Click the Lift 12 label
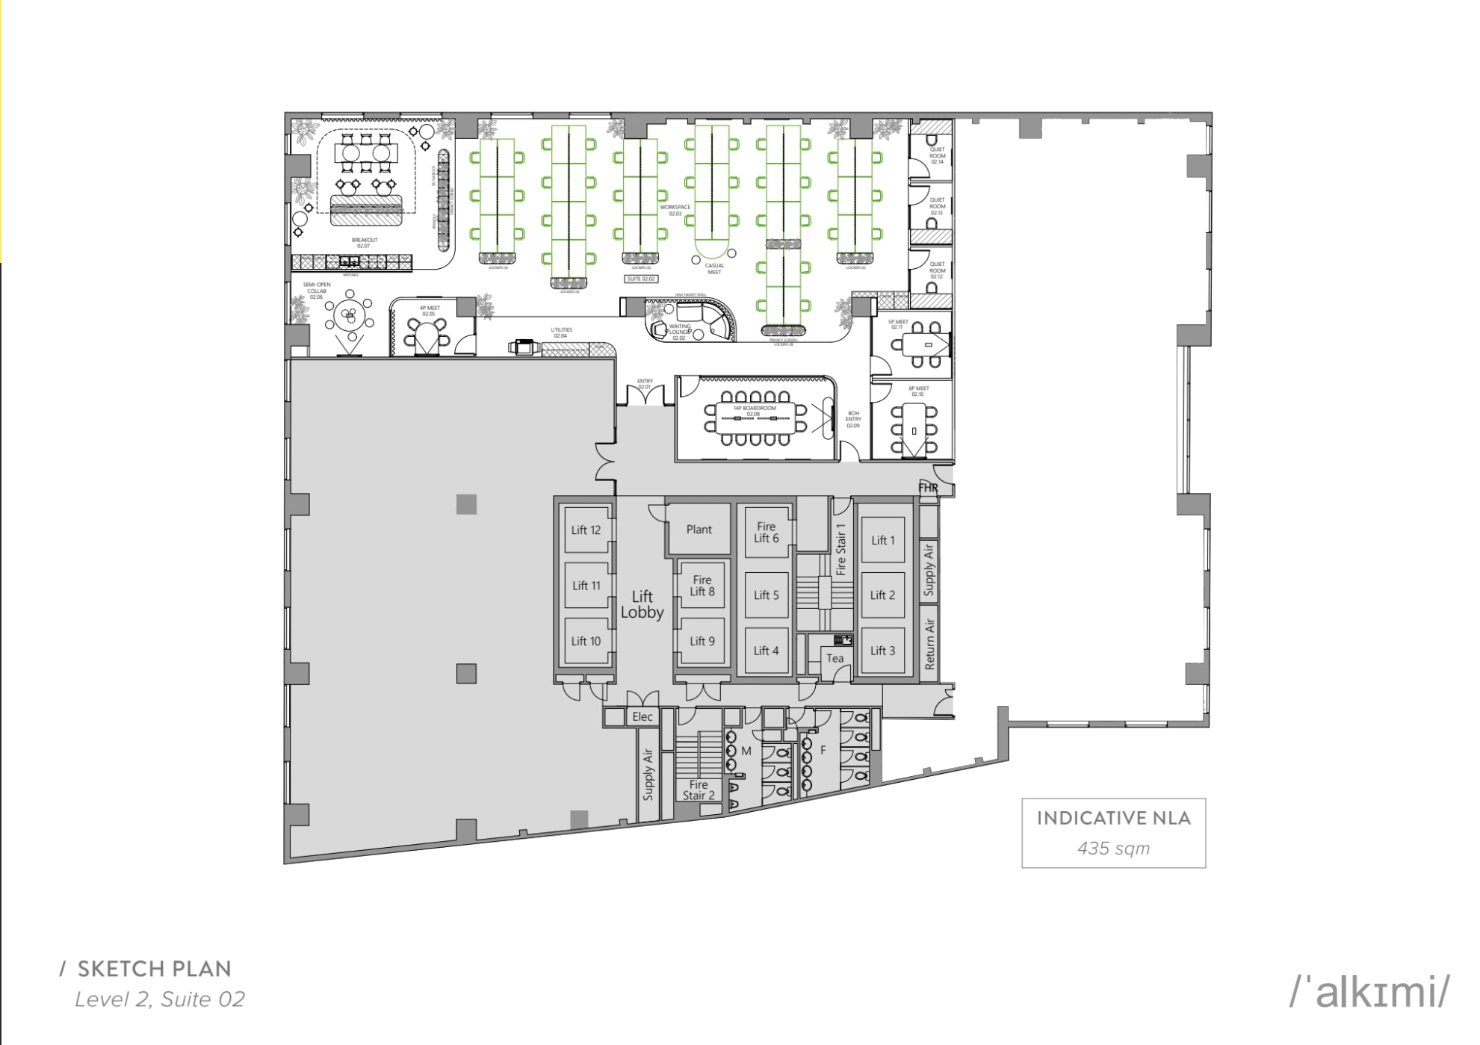(586, 530)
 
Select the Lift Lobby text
(642, 604)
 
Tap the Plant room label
(699, 530)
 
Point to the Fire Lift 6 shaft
(766, 532)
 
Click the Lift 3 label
(882, 651)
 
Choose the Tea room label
(835, 659)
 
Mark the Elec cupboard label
(643, 717)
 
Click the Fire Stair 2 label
(699, 790)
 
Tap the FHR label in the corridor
(928, 488)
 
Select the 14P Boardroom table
(755, 418)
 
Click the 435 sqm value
(1113, 849)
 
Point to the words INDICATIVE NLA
(1113, 818)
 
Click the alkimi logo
(1370, 991)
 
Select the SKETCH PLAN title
(154, 969)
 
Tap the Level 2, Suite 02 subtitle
(160, 999)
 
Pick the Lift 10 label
(586, 642)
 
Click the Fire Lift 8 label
(702, 586)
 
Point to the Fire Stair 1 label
(840, 549)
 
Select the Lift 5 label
(766, 595)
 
